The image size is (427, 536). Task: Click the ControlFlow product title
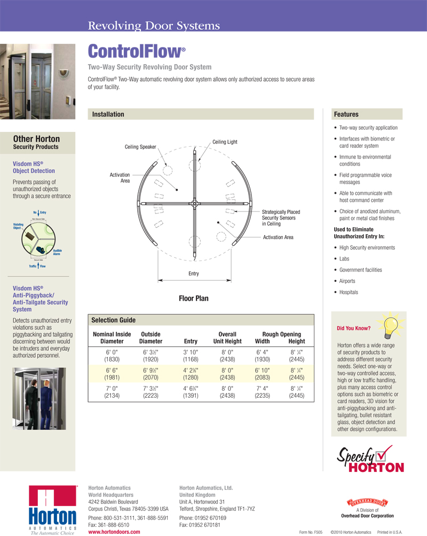pos(136,51)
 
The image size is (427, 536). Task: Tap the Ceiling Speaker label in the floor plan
pos(140,147)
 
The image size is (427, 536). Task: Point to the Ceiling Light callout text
pos(225,142)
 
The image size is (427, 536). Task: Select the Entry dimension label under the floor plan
pos(194,274)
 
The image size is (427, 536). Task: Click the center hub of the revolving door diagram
pos(194,203)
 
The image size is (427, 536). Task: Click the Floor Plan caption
pos(194,298)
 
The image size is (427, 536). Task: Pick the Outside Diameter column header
pos(151,338)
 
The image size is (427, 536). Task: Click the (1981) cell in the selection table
pos(112,377)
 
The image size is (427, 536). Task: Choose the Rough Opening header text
pos(281,334)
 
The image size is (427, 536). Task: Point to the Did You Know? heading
pos(350,328)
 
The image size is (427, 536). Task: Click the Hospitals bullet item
pos(349,292)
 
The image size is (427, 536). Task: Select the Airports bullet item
pos(347,281)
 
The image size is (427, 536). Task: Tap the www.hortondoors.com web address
pos(114,532)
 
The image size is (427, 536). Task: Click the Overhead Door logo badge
pos(367,502)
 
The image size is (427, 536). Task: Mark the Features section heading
pos(346,114)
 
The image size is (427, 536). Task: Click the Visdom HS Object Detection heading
pos(34,168)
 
